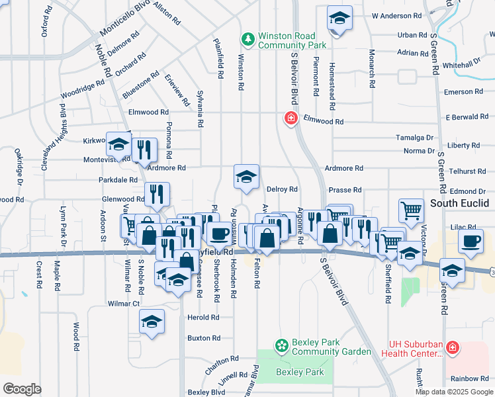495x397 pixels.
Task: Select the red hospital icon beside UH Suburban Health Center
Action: [452, 347]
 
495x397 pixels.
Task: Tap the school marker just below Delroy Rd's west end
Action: [246, 177]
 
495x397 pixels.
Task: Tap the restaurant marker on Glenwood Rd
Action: [157, 195]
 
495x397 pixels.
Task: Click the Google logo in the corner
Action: [22, 388]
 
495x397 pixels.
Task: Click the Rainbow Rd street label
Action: [471, 378]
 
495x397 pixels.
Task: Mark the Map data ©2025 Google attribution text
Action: [454, 392]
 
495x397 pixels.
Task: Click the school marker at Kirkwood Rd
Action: [118, 144]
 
